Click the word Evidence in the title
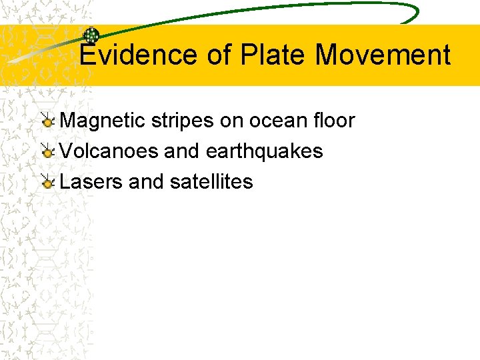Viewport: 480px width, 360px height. pyautogui.click(x=139, y=55)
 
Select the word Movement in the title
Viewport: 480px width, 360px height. pyautogui.click(x=383, y=55)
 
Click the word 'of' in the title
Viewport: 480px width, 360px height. pyautogui.click(x=218, y=55)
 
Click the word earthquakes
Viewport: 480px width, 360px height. pyautogui.click(x=264, y=151)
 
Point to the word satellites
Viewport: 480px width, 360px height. pyautogui.click(x=211, y=181)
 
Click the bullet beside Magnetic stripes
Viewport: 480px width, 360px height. pyautogui.click(x=47, y=121)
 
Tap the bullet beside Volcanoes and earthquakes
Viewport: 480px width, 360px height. pyautogui.click(x=47, y=152)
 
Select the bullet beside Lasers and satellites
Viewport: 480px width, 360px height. pyautogui.click(x=47, y=182)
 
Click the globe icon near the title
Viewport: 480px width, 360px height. pyautogui.click(x=91, y=37)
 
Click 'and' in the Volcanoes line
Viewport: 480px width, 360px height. pyautogui.click(x=181, y=151)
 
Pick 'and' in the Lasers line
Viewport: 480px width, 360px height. pyautogui.click(x=145, y=181)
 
